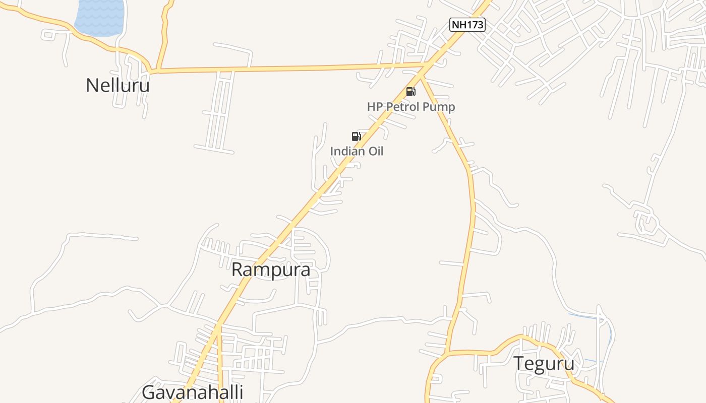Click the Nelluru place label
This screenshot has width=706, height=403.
coord(117,85)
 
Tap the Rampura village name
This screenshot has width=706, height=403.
coord(270,270)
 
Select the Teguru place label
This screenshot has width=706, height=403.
coord(544,363)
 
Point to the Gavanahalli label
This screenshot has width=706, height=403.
coord(192,392)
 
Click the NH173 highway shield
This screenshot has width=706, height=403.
coord(467,24)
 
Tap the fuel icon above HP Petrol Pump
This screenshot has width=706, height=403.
coord(411,92)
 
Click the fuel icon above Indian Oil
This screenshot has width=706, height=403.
coord(356,136)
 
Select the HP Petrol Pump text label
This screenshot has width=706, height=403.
coord(410,107)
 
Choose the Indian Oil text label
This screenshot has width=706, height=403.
coord(357,151)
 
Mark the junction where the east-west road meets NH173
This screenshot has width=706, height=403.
coord(427,65)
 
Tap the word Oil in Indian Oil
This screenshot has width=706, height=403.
coord(375,151)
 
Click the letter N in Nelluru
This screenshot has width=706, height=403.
coord(92,85)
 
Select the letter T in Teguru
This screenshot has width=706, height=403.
coord(519,363)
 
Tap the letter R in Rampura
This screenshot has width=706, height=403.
coord(238,270)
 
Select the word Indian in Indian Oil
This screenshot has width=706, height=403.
coord(347,151)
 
